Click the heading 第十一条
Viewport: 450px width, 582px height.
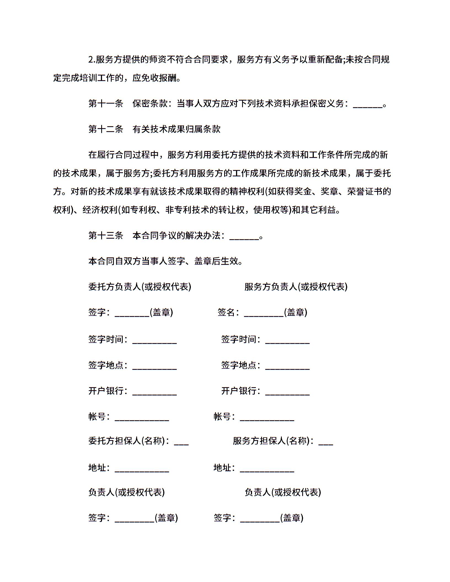106,104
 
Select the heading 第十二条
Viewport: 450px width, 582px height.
106,129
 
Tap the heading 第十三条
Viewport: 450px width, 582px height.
106,236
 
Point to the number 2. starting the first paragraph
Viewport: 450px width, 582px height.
92,60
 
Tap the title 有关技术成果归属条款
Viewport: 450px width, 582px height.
176,129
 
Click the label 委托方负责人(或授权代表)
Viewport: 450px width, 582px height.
140,287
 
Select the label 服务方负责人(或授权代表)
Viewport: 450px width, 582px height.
296,287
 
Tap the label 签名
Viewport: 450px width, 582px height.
226,312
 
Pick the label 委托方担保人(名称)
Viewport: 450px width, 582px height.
128,441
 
